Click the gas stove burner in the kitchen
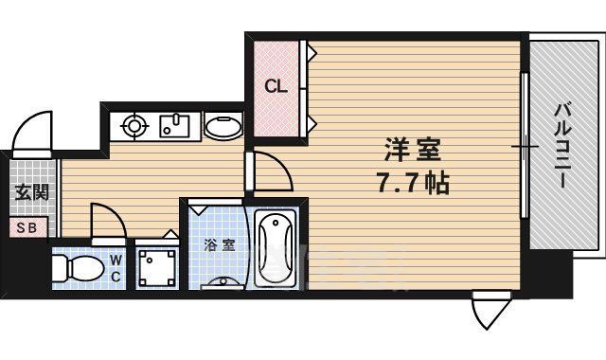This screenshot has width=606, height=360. (134, 125)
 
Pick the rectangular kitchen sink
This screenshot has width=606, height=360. (175, 125)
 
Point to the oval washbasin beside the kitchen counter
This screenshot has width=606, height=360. (223, 127)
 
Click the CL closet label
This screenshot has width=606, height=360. (276, 87)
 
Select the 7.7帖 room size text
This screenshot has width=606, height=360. (410, 182)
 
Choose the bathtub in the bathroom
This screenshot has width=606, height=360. (276, 248)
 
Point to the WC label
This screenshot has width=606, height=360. (114, 268)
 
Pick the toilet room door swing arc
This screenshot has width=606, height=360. (106, 225)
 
